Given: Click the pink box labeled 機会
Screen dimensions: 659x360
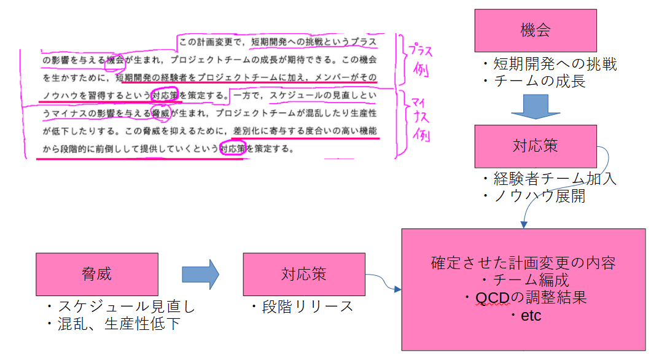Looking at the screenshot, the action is point(536,30).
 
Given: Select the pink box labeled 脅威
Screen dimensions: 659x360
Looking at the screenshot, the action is point(96,274).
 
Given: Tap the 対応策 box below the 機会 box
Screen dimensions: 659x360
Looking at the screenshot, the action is point(536,146).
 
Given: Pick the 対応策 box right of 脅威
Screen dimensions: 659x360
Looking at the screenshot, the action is point(303,274).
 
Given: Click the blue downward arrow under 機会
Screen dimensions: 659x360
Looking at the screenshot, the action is point(536,106).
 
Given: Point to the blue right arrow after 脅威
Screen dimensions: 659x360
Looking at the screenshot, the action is point(200,274).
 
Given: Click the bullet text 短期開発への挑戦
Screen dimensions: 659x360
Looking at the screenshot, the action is point(549,64).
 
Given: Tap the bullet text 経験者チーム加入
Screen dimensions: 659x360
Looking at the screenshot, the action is point(549,179).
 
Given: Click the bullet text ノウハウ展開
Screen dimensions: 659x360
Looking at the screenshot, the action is point(533,196).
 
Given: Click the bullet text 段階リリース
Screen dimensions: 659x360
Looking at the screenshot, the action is point(302,307).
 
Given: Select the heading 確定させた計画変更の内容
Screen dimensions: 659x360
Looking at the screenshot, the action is point(523,263).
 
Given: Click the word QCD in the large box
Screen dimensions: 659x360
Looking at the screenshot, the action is point(489,298).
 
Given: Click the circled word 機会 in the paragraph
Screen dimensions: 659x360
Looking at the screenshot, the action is point(115,60).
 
